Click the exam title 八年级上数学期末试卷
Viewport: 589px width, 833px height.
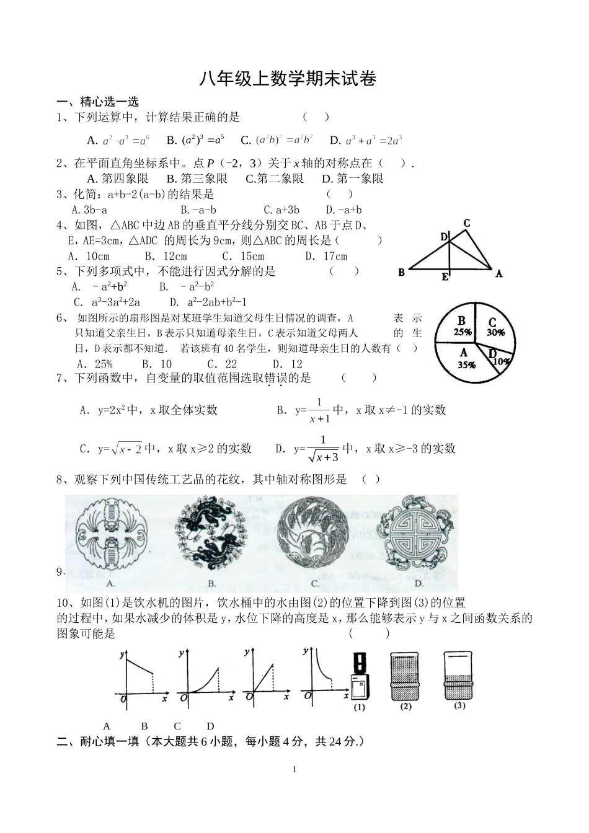click(288, 79)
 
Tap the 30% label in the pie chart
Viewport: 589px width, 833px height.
click(496, 332)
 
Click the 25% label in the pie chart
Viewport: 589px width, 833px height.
click(462, 332)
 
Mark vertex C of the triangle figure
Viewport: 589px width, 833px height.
click(466, 224)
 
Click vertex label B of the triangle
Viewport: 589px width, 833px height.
click(402, 272)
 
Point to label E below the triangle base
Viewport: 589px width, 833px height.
click(445, 277)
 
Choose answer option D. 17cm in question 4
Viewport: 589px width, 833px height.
click(326, 256)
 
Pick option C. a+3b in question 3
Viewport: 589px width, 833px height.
click(281, 210)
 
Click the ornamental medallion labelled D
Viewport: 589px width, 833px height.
click(417, 533)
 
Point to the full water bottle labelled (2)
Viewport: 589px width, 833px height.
click(405, 675)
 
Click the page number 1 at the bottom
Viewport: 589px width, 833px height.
click(294, 770)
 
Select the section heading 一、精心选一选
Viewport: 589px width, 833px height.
click(98, 102)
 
